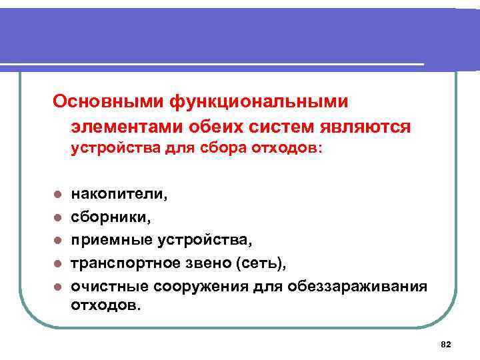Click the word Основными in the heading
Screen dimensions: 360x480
coord(109,102)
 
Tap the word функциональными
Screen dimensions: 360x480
coord(260,102)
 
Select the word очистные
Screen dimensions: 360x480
coord(108,286)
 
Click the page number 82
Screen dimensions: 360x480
coord(446,344)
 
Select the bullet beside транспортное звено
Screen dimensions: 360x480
coord(58,263)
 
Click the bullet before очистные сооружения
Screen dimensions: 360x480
coord(58,287)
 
